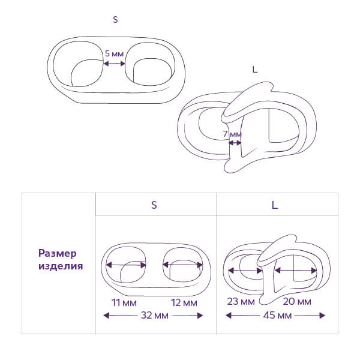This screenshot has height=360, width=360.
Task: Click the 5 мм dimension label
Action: click(x=115, y=53)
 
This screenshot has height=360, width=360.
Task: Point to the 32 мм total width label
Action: click(x=154, y=315)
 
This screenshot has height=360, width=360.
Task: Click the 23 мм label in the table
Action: click(x=240, y=302)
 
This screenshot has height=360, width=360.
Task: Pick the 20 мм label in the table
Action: click(x=296, y=302)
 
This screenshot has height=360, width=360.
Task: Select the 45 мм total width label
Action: click(x=275, y=315)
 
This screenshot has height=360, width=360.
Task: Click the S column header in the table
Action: click(x=154, y=205)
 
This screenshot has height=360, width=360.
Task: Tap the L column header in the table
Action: click(x=274, y=205)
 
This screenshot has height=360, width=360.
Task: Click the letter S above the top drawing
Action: click(x=115, y=20)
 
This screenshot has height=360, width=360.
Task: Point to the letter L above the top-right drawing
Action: click(x=255, y=70)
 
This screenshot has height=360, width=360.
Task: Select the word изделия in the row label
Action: click(x=60, y=266)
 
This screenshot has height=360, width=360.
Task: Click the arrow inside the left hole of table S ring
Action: click(x=126, y=265)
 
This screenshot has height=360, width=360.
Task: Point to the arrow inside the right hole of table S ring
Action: click(x=183, y=265)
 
